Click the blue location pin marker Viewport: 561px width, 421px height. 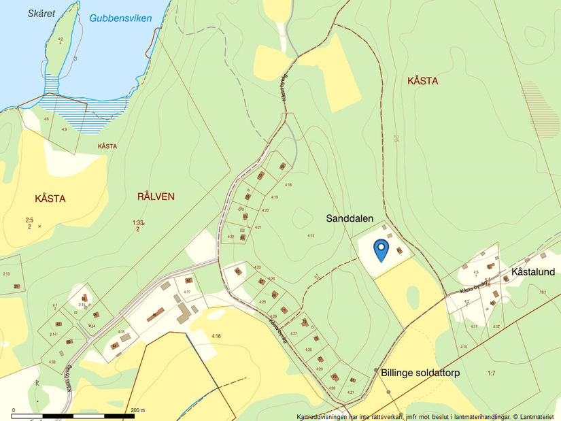(381, 250)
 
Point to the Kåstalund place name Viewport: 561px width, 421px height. (532, 272)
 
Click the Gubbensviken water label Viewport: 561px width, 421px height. (120, 18)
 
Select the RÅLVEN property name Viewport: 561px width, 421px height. (156, 197)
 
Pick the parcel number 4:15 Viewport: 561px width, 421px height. (310, 235)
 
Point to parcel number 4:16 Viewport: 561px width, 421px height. (216, 336)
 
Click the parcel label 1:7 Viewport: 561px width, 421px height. (492, 373)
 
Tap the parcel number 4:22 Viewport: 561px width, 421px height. (231, 237)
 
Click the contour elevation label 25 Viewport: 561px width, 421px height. (395, 139)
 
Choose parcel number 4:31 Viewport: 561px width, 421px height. (351, 392)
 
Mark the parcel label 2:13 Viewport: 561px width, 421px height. (6, 273)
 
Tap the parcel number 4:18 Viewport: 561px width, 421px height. (288, 185)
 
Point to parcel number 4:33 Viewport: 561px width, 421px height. (52, 361)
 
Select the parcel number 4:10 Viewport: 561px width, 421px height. (463, 348)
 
